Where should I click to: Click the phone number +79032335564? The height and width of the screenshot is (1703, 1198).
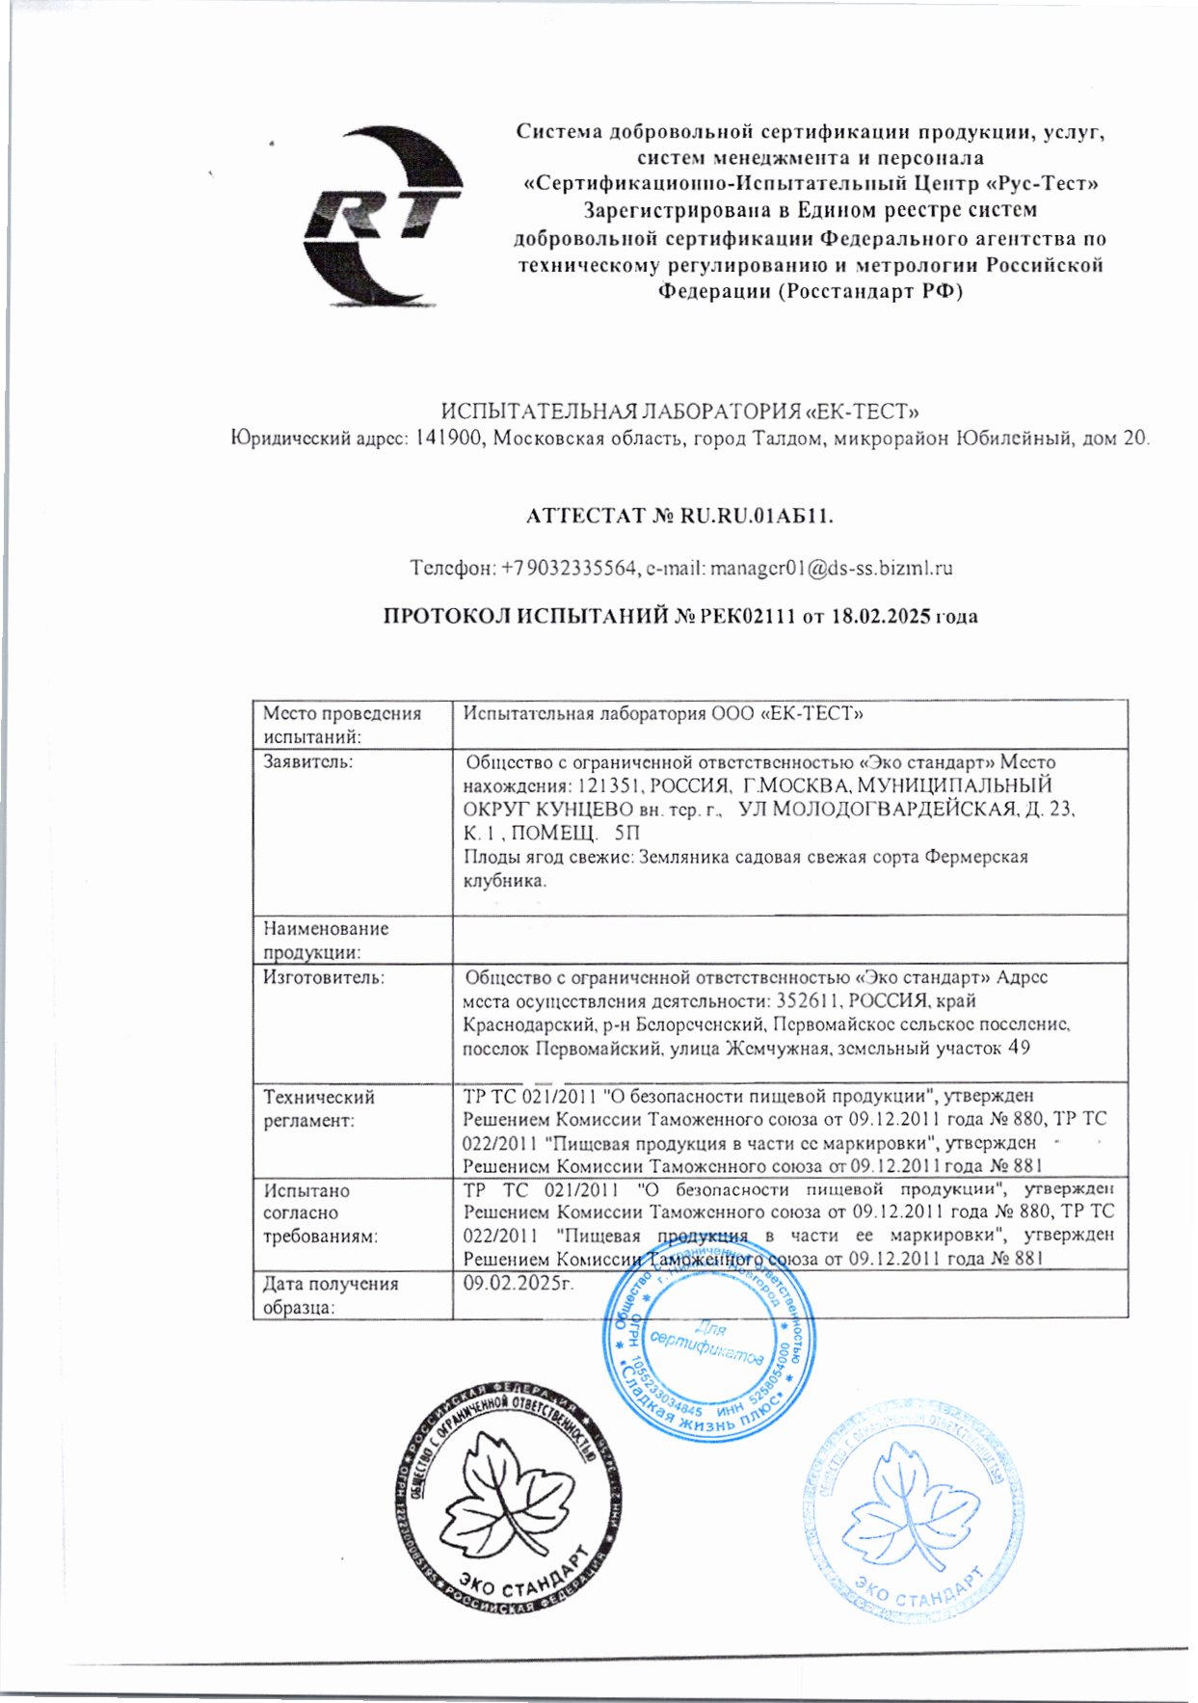click(x=568, y=568)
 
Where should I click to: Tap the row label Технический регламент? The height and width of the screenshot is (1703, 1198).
click(x=320, y=1108)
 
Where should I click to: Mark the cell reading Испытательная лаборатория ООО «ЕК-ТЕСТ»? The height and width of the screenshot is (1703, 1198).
click(x=663, y=714)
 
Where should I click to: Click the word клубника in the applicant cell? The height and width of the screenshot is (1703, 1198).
click(x=503, y=880)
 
